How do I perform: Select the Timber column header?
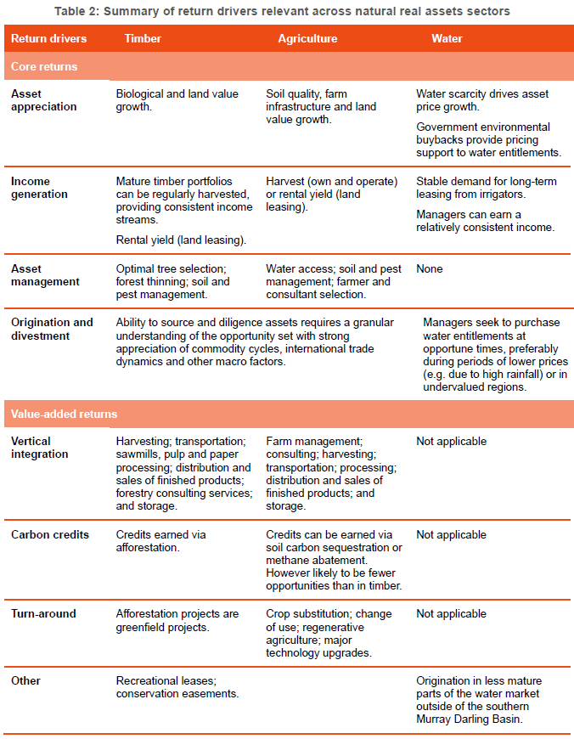143,39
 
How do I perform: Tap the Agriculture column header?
307,39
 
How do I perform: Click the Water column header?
447,39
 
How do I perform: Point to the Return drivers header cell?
48,39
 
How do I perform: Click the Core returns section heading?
43,66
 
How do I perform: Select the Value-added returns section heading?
64,415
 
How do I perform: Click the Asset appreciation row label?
43,100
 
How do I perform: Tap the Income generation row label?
39,188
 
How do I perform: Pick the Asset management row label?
45,275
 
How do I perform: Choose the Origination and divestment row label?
52,329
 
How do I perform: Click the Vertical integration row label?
39,448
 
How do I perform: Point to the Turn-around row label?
43,614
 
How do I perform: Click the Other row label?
25,681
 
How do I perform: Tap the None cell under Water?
430,269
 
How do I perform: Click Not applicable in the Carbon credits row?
451,535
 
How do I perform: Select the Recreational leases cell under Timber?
177,687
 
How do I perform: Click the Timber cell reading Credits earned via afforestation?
161,541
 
